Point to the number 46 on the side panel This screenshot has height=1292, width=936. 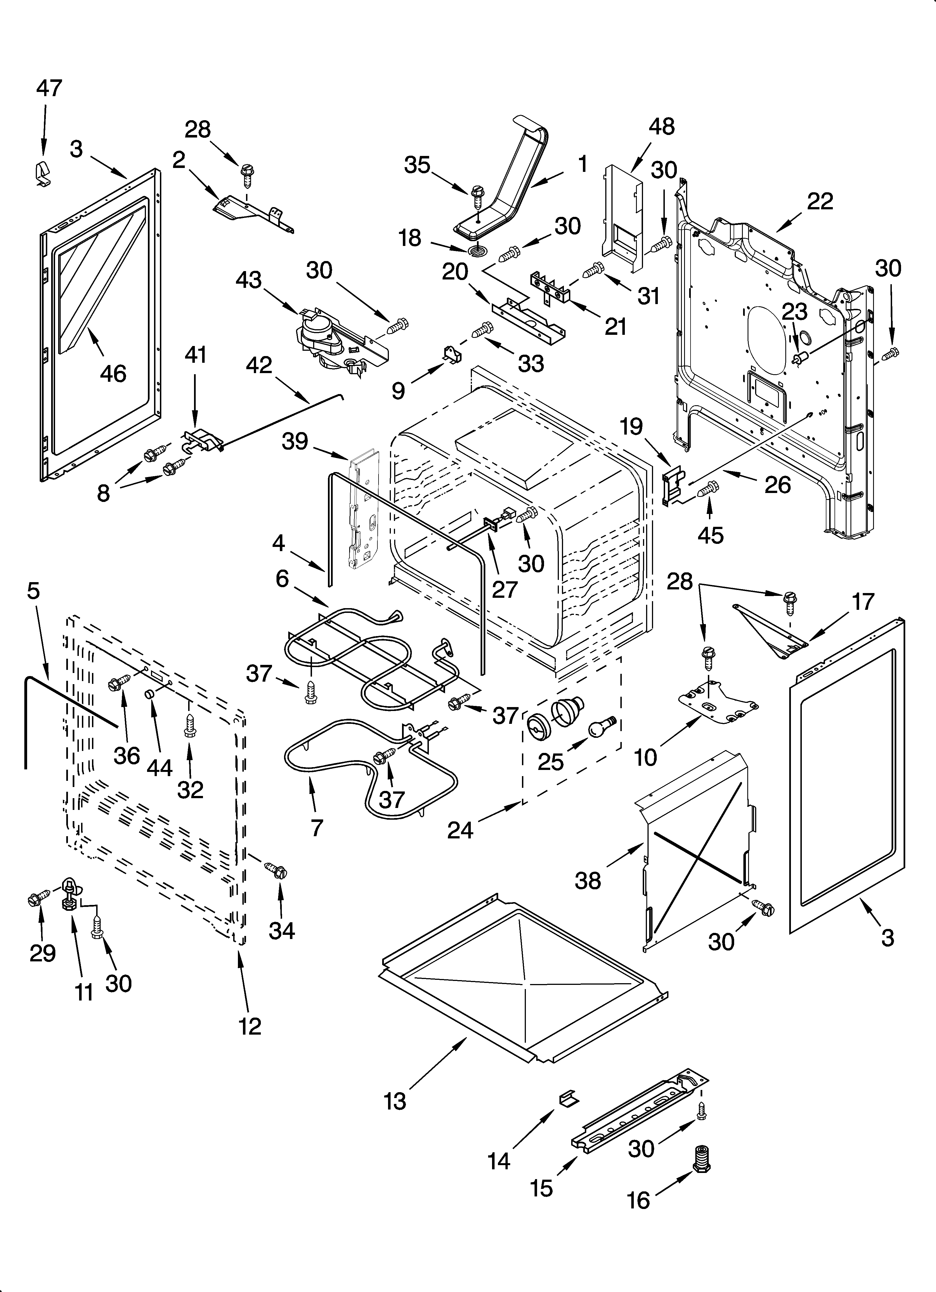click(x=113, y=374)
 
